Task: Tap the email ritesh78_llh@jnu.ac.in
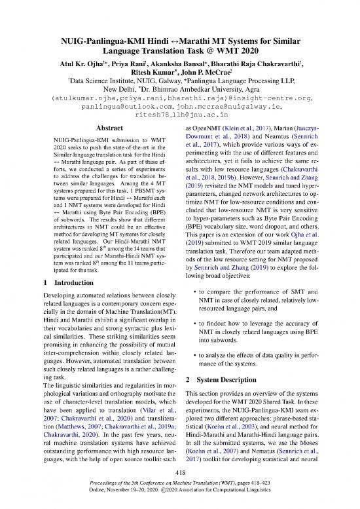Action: click(179, 131)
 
